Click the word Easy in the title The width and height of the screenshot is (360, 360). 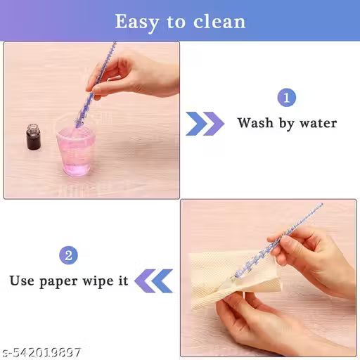[139, 21]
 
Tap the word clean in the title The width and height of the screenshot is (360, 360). [219, 21]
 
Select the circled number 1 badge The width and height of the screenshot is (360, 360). [286, 98]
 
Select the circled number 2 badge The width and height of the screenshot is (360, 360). [68, 255]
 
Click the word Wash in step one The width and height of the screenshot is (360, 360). [255, 123]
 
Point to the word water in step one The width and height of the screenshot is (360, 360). [318, 123]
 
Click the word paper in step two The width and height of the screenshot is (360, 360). [65, 281]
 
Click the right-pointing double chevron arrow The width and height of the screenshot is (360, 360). [205, 123]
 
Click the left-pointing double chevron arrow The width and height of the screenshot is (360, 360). [153, 281]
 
